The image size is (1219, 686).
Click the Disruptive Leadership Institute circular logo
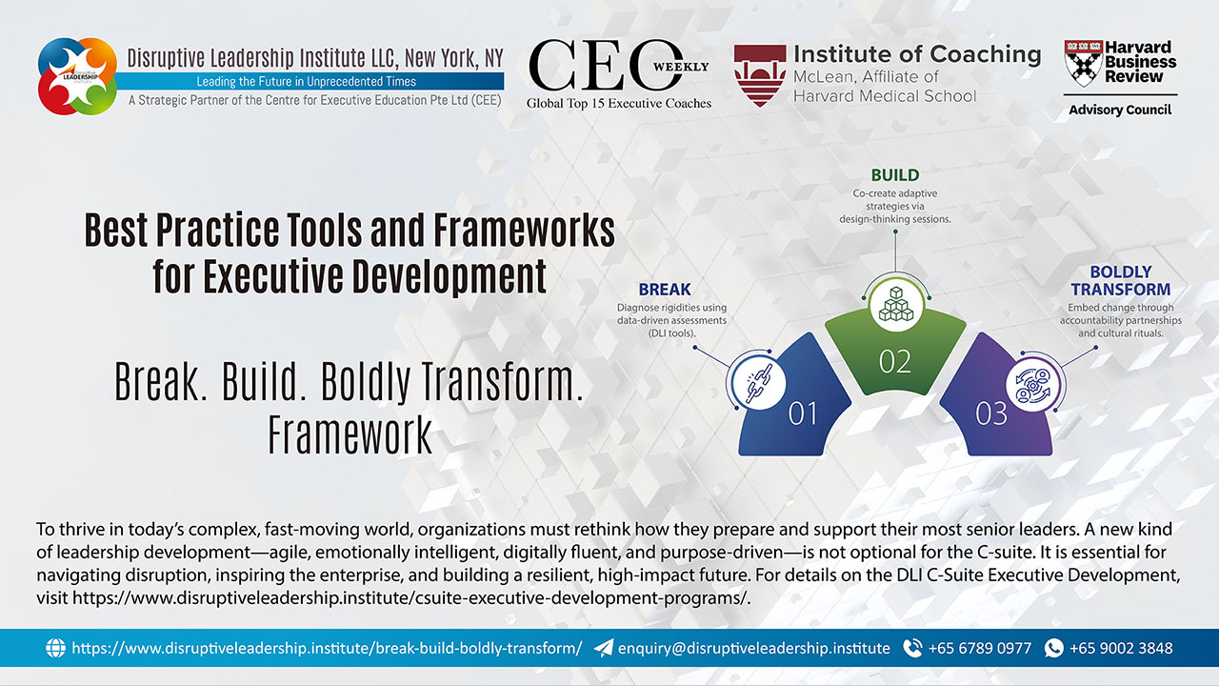pos(77,76)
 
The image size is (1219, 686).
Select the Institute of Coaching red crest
pos(759,74)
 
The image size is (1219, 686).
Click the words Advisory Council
pos(1120,110)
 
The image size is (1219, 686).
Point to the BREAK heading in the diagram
pos(665,289)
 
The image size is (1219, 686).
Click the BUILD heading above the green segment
pos(895,175)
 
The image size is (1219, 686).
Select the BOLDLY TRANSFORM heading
pos(1120,280)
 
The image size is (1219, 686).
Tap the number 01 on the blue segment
pos(803,414)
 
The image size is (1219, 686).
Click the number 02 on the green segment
pos(895,362)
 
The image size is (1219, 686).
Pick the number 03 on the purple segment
pos(991,414)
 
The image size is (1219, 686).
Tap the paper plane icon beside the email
pos(604,648)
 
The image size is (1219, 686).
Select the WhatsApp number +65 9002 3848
pos(1121,648)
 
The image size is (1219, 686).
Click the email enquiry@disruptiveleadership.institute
pos(753,648)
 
